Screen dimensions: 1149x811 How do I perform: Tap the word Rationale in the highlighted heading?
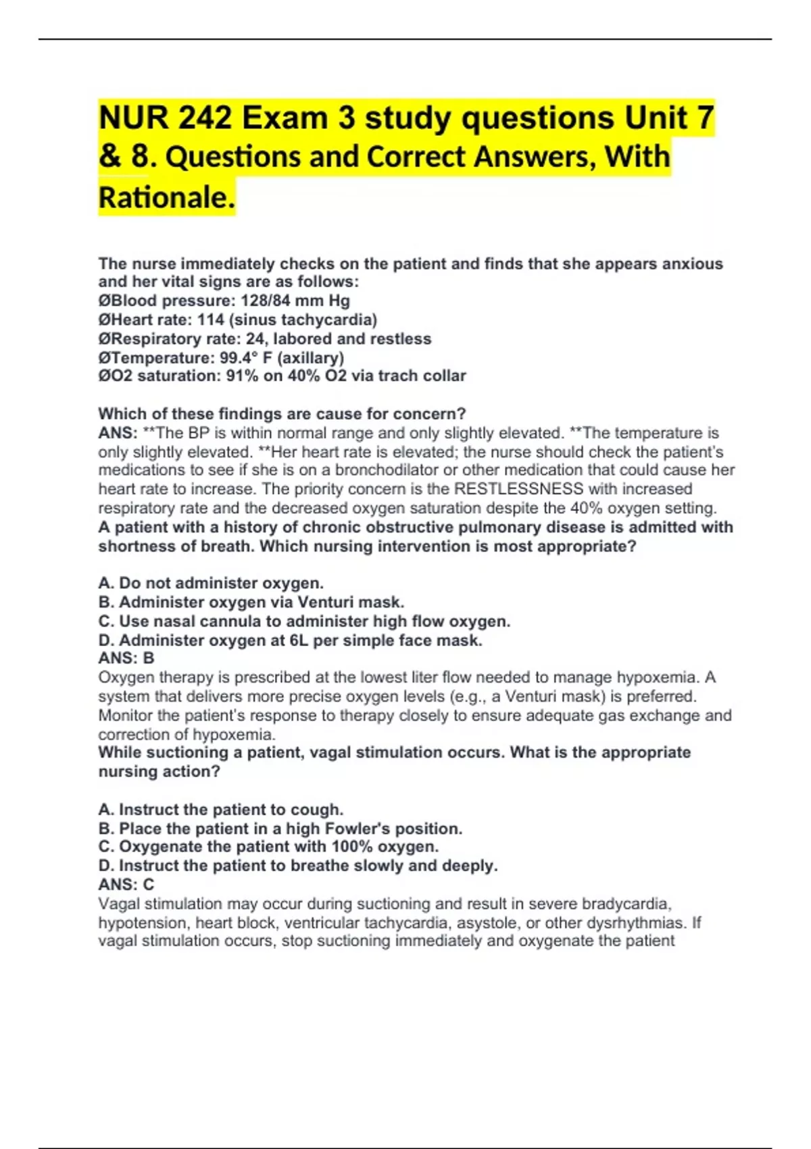166,197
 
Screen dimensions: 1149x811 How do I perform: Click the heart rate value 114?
210,320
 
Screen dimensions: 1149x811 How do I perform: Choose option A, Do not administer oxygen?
211,583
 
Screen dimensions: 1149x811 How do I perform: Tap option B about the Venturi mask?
251,602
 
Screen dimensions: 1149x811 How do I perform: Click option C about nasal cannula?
304,621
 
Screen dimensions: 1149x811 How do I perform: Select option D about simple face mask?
290,640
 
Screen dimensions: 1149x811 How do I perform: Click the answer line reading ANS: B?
126,658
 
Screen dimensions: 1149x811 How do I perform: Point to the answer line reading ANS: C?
126,884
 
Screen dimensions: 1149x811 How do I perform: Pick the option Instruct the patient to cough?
221,809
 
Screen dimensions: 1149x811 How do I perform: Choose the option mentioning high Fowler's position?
280,828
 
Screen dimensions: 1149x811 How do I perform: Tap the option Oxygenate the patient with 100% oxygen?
268,846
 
